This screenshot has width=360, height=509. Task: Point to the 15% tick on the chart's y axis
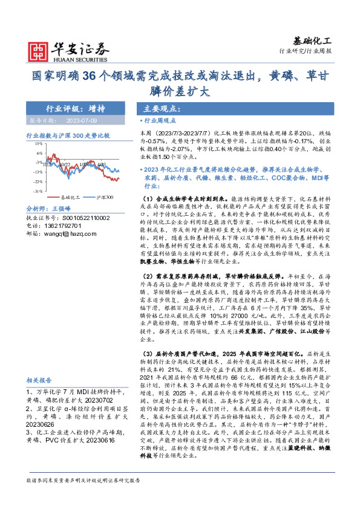pos(38,144)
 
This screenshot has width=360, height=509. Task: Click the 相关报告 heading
pos(39,381)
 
